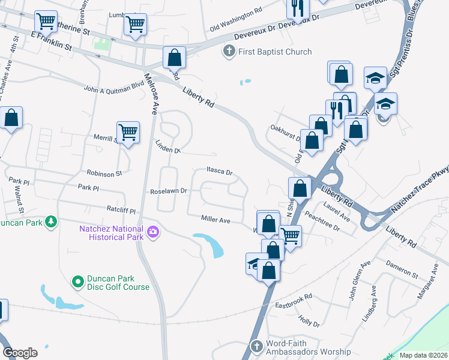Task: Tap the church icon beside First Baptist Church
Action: click(x=229, y=52)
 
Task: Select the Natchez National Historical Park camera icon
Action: click(x=153, y=232)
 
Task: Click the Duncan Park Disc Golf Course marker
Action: click(x=77, y=281)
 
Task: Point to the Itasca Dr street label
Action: click(x=220, y=171)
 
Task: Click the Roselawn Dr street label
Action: click(x=169, y=191)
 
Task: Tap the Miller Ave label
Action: click(x=216, y=221)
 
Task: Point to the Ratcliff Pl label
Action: click(x=122, y=211)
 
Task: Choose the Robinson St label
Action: click(x=104, y=173)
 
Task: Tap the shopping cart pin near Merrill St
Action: click(x=128, y=131)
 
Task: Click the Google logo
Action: click(x=20, y=352)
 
